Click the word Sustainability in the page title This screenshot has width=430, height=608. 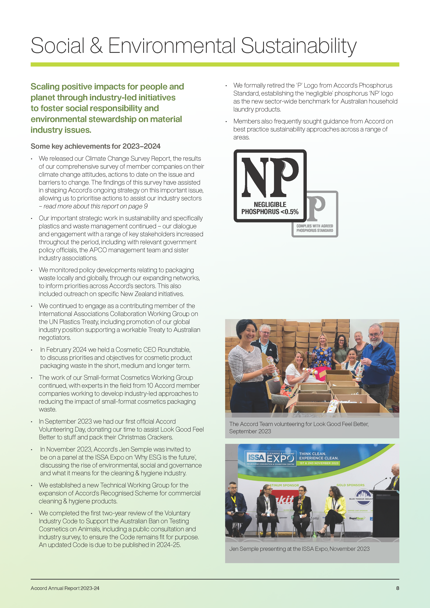tap(298, 46)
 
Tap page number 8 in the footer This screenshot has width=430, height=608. tap(397, 588)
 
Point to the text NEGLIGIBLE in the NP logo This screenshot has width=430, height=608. tap(270, 205)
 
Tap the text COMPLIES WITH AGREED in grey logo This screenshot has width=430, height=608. tap(315, 226)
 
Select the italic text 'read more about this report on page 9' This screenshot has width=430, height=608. tap(95, 206)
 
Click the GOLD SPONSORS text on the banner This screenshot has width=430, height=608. tap(350, 485)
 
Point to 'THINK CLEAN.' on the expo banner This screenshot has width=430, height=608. tap(312, 454)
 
